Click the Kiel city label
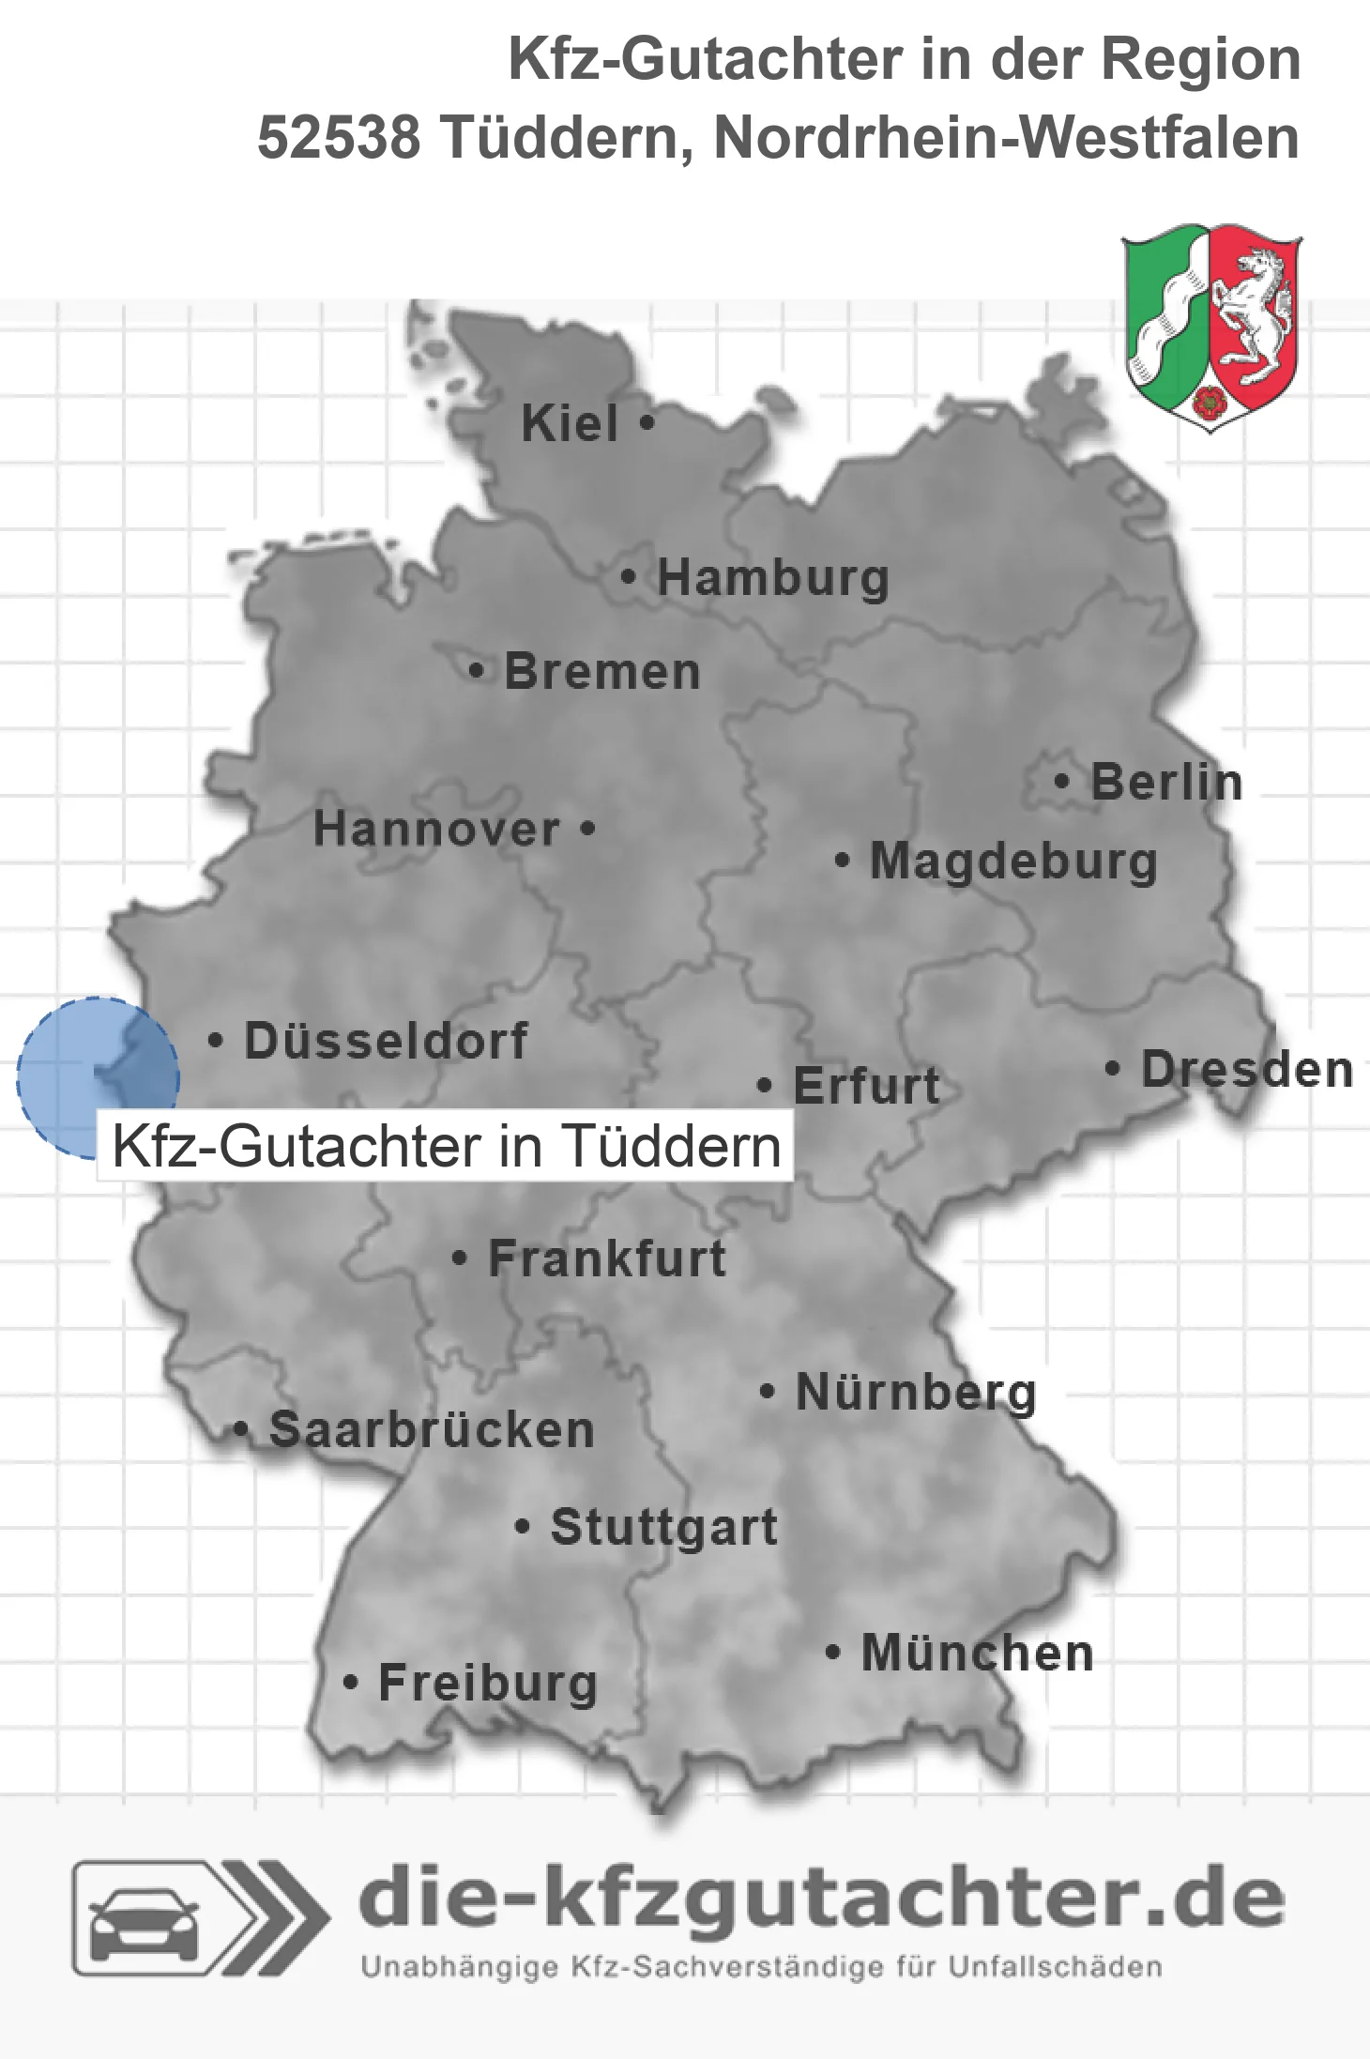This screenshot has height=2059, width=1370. click(x=570, y=423)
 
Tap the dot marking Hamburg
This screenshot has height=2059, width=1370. click(x=629, y=576)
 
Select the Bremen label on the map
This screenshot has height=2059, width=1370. click(x=602, y=672)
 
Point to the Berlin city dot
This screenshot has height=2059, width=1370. click(x=1062, y=781)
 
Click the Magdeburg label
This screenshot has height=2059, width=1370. click(x=1013, y=862)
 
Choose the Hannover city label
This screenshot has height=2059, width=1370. click(x=436, y=830)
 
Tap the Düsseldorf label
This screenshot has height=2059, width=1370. click(x=386, y=1041)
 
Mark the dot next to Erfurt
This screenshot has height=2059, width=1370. click(x=765, y=1086)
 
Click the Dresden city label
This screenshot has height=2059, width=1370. click(x=1247, y=1070)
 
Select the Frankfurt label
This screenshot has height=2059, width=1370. click(x=607, y=1258)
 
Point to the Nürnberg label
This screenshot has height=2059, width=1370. click(x=916, y=1392)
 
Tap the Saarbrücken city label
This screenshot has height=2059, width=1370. click(x=432, y=1430)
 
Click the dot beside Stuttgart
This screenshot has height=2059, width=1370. click(x=523, y=1527)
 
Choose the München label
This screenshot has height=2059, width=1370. click(x=978, y=1653)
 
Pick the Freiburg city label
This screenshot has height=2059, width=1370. click(x=488, y=1683)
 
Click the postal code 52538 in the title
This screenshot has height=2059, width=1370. click(x=339, y=138)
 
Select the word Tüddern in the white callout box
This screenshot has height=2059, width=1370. click(x=671, y=1147)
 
